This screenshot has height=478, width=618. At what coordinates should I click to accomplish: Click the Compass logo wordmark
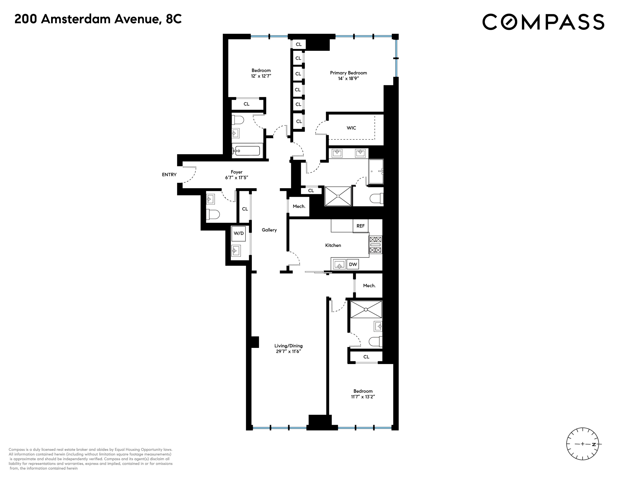pyautogui.click(x=543, y=22)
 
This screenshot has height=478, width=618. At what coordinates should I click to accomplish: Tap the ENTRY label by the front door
pyautogui.click(x=169, y=175)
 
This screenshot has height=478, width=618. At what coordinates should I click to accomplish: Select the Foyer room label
pyautogui.click(x=237, y=172)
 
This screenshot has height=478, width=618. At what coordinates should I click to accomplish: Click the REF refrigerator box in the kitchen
pyautogui.click(x=360, y=226)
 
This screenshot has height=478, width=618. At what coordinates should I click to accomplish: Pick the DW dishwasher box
pyautogui.click(x=353, y=264)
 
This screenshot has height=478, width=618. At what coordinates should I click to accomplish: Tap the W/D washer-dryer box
pyautogui.click(x=239, y=233)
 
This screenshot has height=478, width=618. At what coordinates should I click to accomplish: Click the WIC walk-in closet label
pyautogui.click(x=351, y=128)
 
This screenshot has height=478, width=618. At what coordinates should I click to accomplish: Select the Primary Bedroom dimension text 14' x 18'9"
pyautogui.click(x=348, y=78)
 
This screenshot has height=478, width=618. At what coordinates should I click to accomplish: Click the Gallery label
pyautogui.click(x=269, y=230)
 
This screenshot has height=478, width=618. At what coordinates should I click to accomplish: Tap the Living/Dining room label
pyautogui.click(x=288, y=346)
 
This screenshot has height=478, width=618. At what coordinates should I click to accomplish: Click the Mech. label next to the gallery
pyautogui.click(x=299, y=206)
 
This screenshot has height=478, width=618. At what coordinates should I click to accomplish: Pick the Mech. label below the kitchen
pyautogui.click(x=369, y=286)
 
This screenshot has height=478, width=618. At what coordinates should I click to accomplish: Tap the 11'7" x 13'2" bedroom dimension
pyautogui.click(x=363, y=397)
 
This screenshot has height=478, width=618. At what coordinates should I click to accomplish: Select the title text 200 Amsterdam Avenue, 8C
pyautogui.click(x=98, y=19)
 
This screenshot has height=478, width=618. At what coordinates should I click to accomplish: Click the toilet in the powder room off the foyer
pyautogui.click(x=213, y=214)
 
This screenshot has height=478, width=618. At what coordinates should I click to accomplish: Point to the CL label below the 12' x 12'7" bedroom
pyautogui.click(x=247, y=104)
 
